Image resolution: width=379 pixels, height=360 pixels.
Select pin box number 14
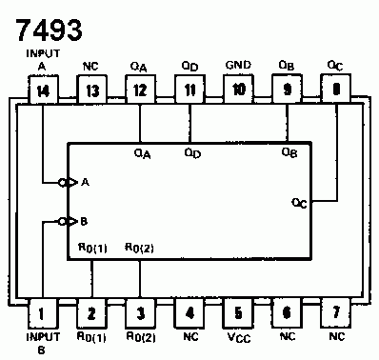tap(42, 90)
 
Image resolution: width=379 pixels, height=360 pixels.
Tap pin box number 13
tap(90, 90)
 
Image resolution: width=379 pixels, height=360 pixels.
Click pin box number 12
tap(140, 90)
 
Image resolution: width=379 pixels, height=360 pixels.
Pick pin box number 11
tap(189, 90)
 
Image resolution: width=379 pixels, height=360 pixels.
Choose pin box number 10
tap(238, 90)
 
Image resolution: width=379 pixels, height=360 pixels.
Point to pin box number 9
tap(287, 90)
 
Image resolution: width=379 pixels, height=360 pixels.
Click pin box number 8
tap(336, 90)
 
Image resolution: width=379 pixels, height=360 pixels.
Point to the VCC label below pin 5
tap(238, 337)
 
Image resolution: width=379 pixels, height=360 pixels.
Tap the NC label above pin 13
tap(90, 66)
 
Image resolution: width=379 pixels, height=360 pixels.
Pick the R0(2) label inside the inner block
tap(141, 249)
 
